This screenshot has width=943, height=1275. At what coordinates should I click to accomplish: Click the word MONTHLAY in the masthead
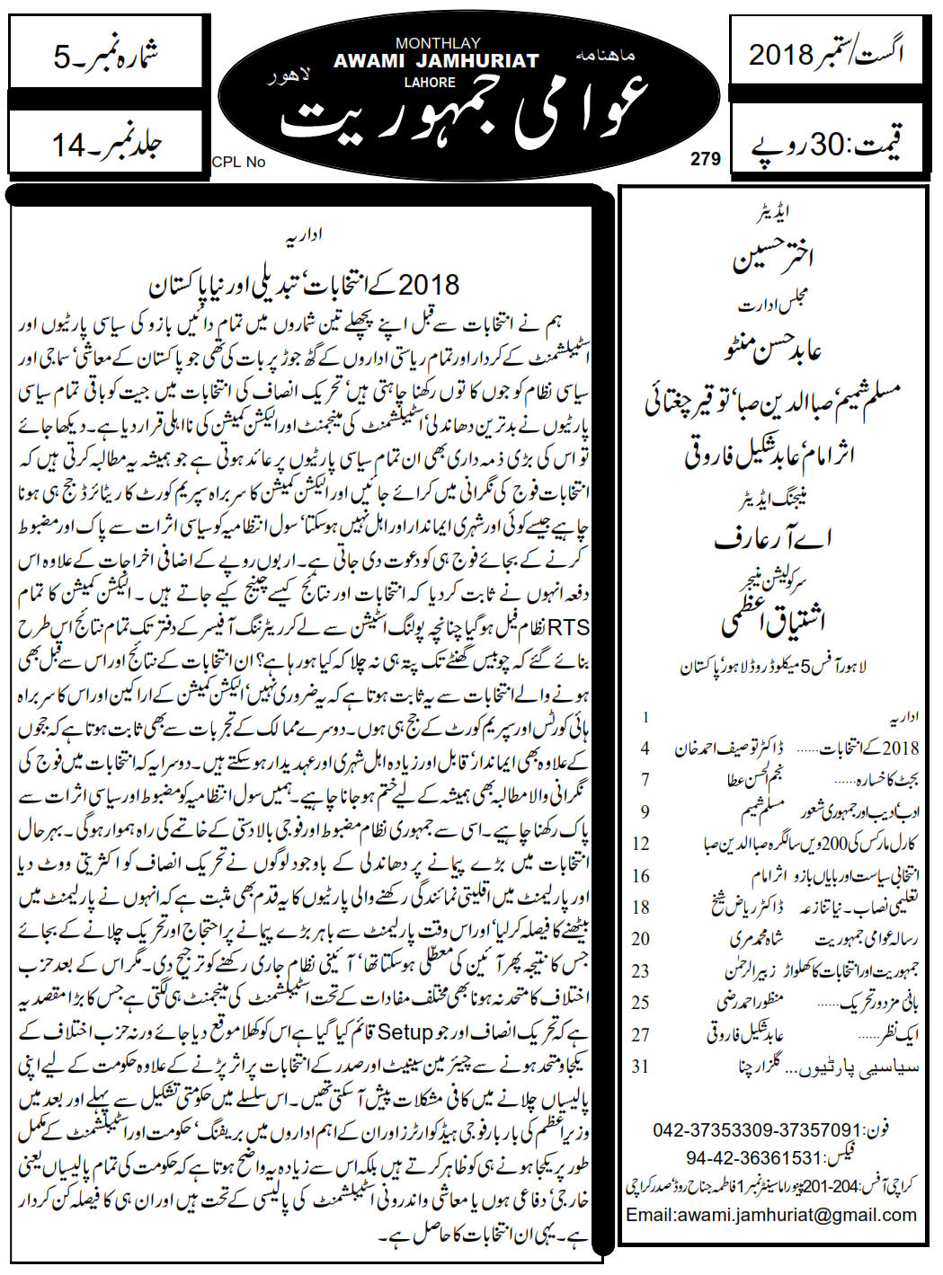pyautogui.click(x=437, y=43)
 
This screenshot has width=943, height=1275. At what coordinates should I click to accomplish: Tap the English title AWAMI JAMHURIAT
pyautogui.click(x=436, y=61)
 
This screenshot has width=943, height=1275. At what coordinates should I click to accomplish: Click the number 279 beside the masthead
pyautogui.click(x=706, y=159)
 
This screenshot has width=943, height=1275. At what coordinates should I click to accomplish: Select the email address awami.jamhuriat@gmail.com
pyautogui.click(x=770, y=1214)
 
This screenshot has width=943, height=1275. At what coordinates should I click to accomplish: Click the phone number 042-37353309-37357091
pyautogui.click(x=758, y=1129)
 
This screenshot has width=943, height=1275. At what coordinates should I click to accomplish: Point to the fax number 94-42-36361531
pyautogui.click(x=754, y=1157)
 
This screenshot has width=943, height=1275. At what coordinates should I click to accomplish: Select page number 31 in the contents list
pyautogui.click(x=641, y=1066)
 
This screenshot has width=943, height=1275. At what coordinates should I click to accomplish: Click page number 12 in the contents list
pyautogui.click(x=641, y=843)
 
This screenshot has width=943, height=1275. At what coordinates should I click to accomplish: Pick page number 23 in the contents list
pyautogui.click(x=641, y=970)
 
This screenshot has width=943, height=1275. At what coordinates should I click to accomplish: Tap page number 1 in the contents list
pyautogui.click(x=645, y=717)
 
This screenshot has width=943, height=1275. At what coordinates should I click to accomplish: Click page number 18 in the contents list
pyautogui.click(x=641, y=907)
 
